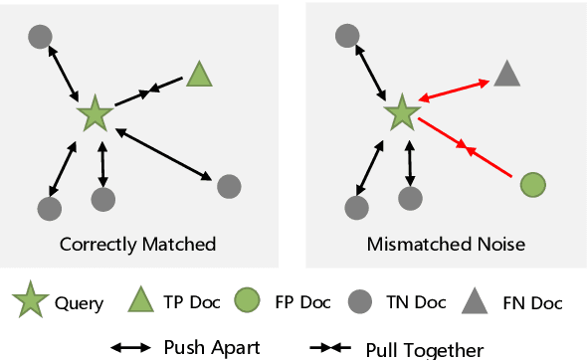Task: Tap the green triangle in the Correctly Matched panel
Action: [199, 75]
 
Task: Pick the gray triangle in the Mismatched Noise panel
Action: [506, 74]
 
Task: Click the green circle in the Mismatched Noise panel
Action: [533, 184]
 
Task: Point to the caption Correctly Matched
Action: [137, 244]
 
